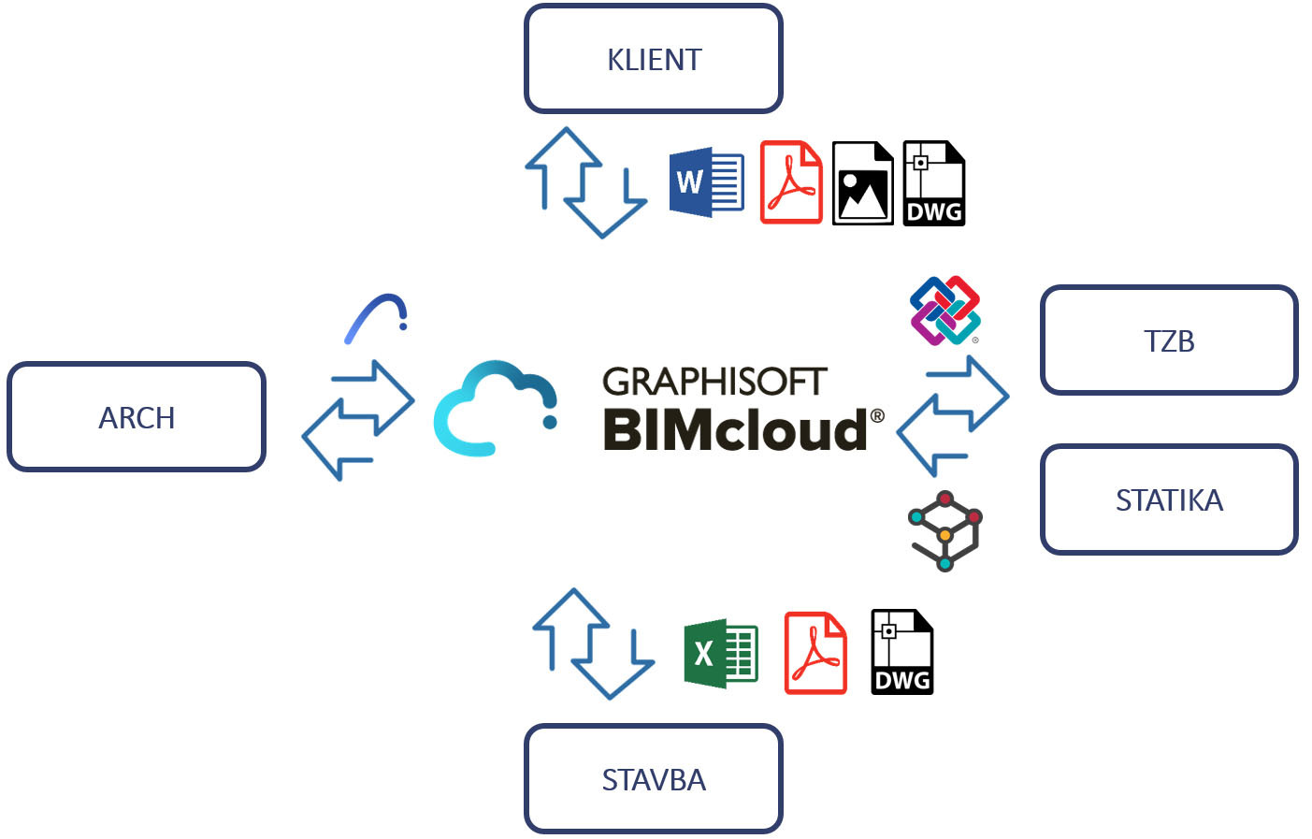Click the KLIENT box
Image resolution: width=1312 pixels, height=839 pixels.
[x=654, y=59]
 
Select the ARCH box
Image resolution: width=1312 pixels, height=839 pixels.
[x=137, y=417]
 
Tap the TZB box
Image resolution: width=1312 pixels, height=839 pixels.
[x=1169, y=340]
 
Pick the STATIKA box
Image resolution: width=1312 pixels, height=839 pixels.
[x=1169, y=499]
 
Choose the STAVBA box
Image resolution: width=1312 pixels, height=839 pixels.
[x=654, y=778]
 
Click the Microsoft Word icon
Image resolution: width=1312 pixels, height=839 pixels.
[x=707, y=182]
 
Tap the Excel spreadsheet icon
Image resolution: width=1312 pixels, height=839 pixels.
[x=721, y=653]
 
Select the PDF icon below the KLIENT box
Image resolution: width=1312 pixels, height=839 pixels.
[x=791, y=182]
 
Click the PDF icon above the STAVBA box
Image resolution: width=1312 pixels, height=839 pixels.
[x=815, y=653]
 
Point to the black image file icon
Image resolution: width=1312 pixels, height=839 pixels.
[x=862, y=183]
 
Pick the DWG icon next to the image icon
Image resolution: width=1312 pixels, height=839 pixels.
[x=933, y=183]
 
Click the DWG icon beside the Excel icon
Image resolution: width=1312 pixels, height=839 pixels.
[x=901, y=652]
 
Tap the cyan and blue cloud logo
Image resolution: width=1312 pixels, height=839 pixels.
[x=496, y=409]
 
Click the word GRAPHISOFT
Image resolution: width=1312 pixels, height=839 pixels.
[x=714, y=382]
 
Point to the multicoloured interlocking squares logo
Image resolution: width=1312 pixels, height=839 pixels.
[x=944, y=311]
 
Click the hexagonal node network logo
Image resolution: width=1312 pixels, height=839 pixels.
[x=945, y=530]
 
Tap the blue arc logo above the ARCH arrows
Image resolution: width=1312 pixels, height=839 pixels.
[x=377, y=318]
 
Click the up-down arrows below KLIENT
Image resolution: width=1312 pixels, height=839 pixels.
[x=585, y=183]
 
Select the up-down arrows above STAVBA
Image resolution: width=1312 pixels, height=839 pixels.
[x=593, y=644]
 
